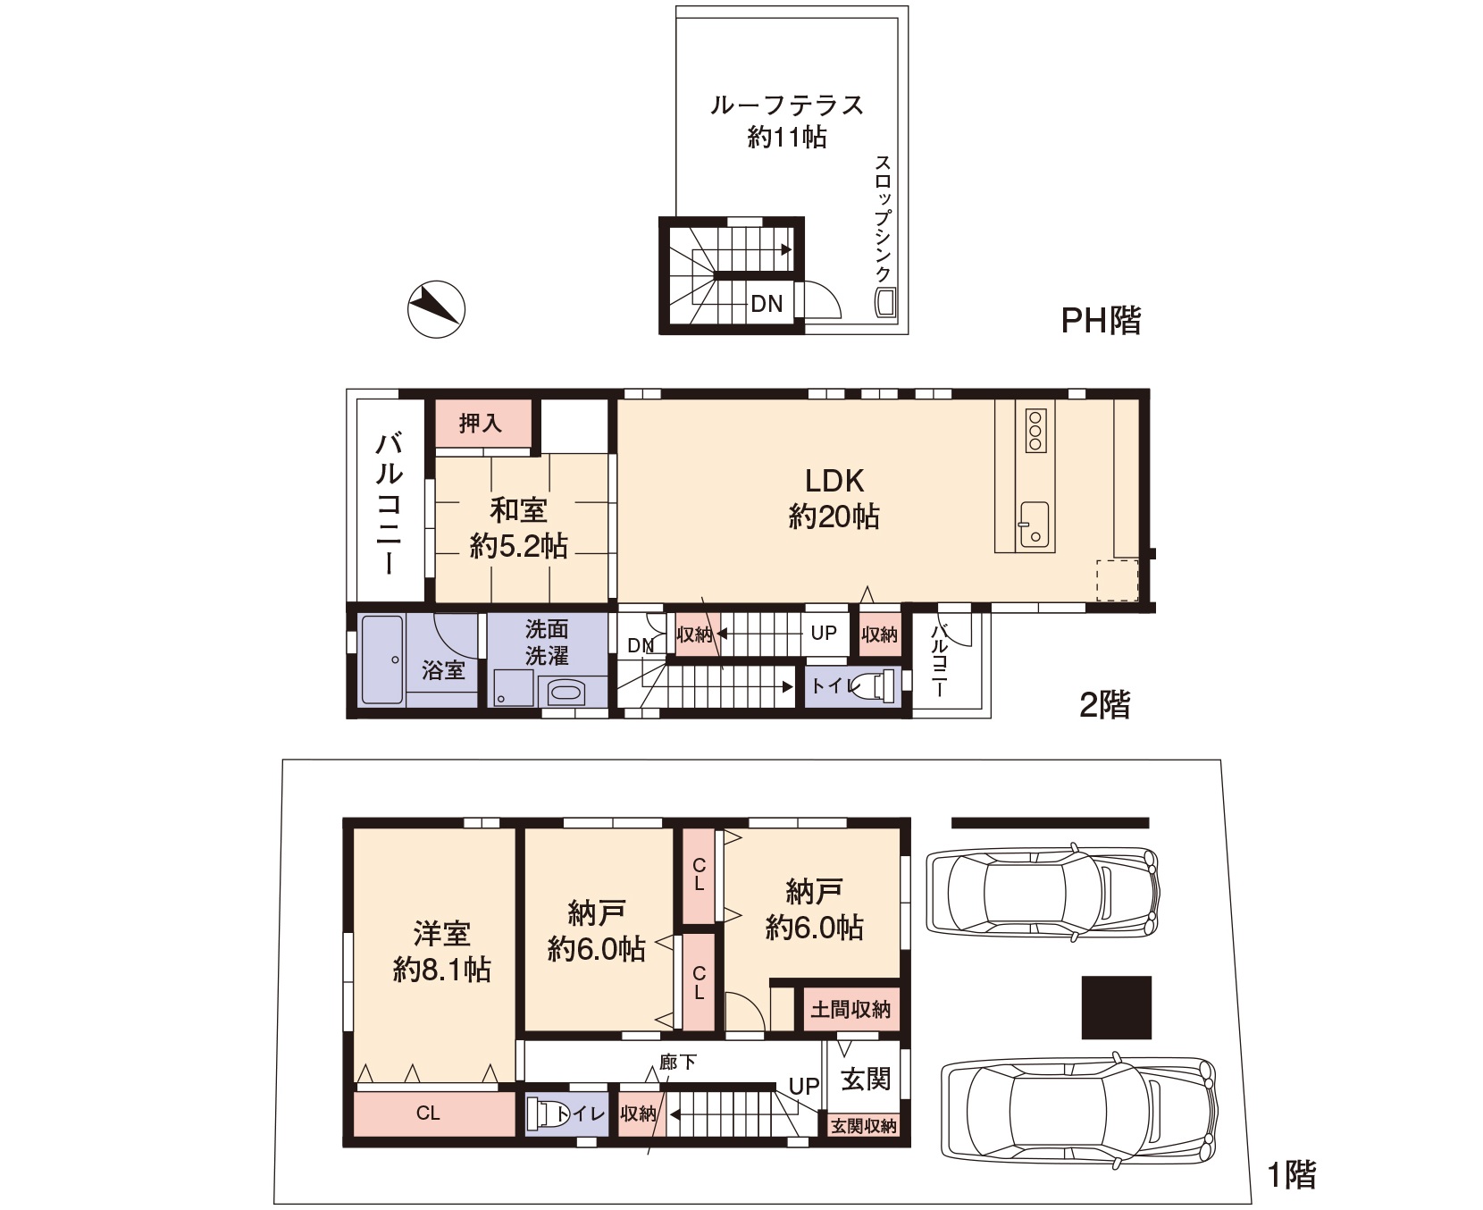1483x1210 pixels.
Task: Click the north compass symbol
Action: pos(436,309)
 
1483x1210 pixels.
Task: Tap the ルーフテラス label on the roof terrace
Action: pos(787,105)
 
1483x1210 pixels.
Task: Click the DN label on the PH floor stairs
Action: pos(766,304)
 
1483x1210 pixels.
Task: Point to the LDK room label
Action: pos(834,481)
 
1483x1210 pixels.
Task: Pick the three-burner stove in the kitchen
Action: pos(1035,430)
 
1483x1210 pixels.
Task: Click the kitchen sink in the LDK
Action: pos(1035,524)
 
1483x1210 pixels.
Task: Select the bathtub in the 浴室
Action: pos(382,660)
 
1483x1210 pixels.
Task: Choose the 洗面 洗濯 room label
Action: pos(547,642)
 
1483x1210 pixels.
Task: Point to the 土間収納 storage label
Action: pos(850,1010)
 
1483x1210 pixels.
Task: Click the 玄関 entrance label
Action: pos(866,1079)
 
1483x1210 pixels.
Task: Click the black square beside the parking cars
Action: pos(1117,1007)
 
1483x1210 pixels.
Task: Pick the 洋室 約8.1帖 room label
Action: pos(442,952)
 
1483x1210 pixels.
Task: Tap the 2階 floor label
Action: pos(1105,705)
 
